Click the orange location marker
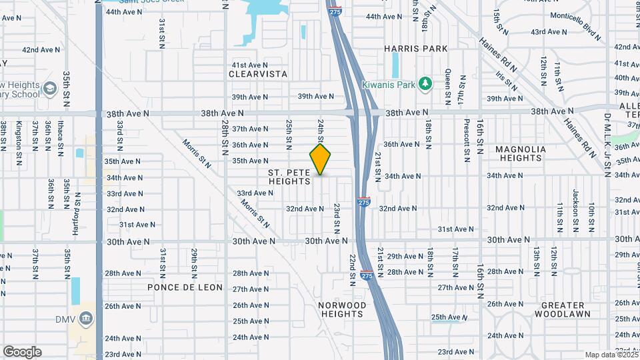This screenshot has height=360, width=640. pos(321,159)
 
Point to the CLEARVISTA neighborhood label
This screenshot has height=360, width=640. pos(258,74)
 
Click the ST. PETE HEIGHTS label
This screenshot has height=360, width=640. pos(289,177)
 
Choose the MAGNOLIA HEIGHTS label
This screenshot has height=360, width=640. pos(520,153)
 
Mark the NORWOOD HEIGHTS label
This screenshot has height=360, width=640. pos(342,310)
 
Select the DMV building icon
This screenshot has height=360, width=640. pos(85,319)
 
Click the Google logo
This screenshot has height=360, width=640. pos(22,351)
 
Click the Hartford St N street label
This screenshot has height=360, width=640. pos(78,210)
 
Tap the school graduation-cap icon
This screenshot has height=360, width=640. pos(50,89)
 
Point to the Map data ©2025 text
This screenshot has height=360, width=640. pos(611,354)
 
